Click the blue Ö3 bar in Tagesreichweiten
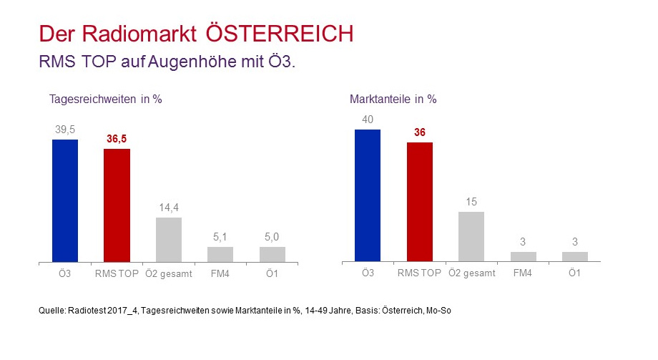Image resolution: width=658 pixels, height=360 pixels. (65, 200)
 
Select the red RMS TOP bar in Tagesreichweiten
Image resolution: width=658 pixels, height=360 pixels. (117, 205)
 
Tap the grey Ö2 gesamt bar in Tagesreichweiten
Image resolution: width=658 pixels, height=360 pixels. (169, 240)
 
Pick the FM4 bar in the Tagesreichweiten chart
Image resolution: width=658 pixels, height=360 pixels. (220, 254)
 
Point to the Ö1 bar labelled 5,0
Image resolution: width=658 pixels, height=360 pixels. (272, 254)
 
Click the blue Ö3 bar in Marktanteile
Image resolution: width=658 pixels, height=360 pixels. (368, 195)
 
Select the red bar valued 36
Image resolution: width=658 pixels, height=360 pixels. (420, 202)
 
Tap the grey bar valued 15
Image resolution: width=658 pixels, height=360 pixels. (471, 236)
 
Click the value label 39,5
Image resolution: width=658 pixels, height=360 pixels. (65, 130)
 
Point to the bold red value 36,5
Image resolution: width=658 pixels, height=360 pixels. (117, 139)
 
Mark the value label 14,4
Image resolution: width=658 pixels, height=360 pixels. (169, 208)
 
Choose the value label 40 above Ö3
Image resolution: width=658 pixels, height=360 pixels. (368, 120)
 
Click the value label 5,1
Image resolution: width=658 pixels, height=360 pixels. (220, 237)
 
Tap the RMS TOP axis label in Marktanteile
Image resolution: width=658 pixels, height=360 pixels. (420, 273)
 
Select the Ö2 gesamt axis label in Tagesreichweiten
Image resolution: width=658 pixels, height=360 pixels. (169, 273)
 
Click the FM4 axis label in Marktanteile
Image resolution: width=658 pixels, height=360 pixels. (523, 273)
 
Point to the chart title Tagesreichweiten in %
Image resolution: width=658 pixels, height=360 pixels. (105, 99)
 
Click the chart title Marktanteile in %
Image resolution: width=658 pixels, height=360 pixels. (393, 99)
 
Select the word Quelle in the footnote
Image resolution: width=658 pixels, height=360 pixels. (52, 311)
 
